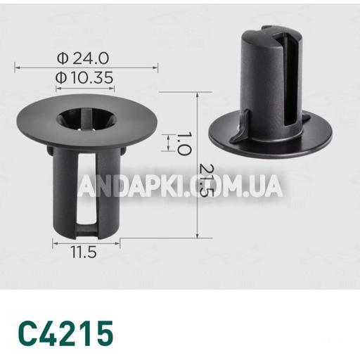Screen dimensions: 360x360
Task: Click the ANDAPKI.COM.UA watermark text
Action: [x=180, y=186]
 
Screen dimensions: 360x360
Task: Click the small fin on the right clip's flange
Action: [x=239, y=131]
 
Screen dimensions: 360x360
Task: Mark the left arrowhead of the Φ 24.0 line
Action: [x=17, y=67]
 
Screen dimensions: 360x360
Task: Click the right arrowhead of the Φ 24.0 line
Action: [x=155, y=67]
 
